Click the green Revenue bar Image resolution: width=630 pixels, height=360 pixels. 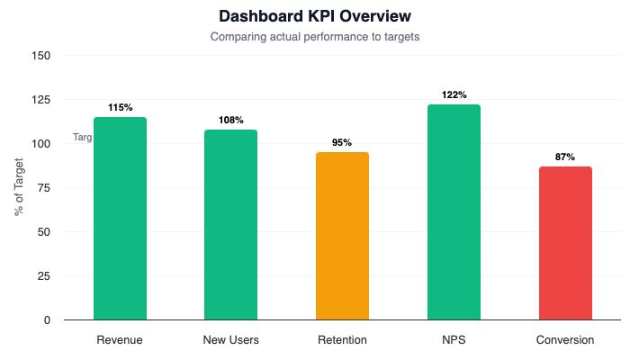(x=120, y=219)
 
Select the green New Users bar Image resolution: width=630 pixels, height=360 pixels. (x=230, y=225)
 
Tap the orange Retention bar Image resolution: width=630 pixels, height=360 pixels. (x=342, y=236)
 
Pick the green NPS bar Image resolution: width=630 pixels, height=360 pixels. (x=454, y=212)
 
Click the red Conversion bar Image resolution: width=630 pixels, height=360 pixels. (x=565, y=243)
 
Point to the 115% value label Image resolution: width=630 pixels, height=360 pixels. (x=120, y=107)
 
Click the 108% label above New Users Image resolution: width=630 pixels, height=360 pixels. (x=230, y=120)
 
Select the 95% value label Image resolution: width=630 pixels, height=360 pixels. (x=342, y=142)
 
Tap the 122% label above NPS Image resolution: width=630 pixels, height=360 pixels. (x=454, y=94)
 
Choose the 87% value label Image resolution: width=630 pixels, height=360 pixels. (x=565, y=157)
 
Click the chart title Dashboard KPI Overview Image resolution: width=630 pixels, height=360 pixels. (x=315, y=17)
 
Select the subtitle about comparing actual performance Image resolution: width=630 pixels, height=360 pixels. (x=315, y=38)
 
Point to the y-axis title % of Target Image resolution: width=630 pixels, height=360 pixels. (x=19, y=187)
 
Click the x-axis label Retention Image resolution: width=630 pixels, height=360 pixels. (x=342, y=340)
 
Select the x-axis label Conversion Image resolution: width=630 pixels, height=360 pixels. (x=565, y=340)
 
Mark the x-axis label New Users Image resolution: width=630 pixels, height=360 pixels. (x=230, y=340)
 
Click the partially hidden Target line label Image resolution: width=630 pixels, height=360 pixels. (x=83, y=138)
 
